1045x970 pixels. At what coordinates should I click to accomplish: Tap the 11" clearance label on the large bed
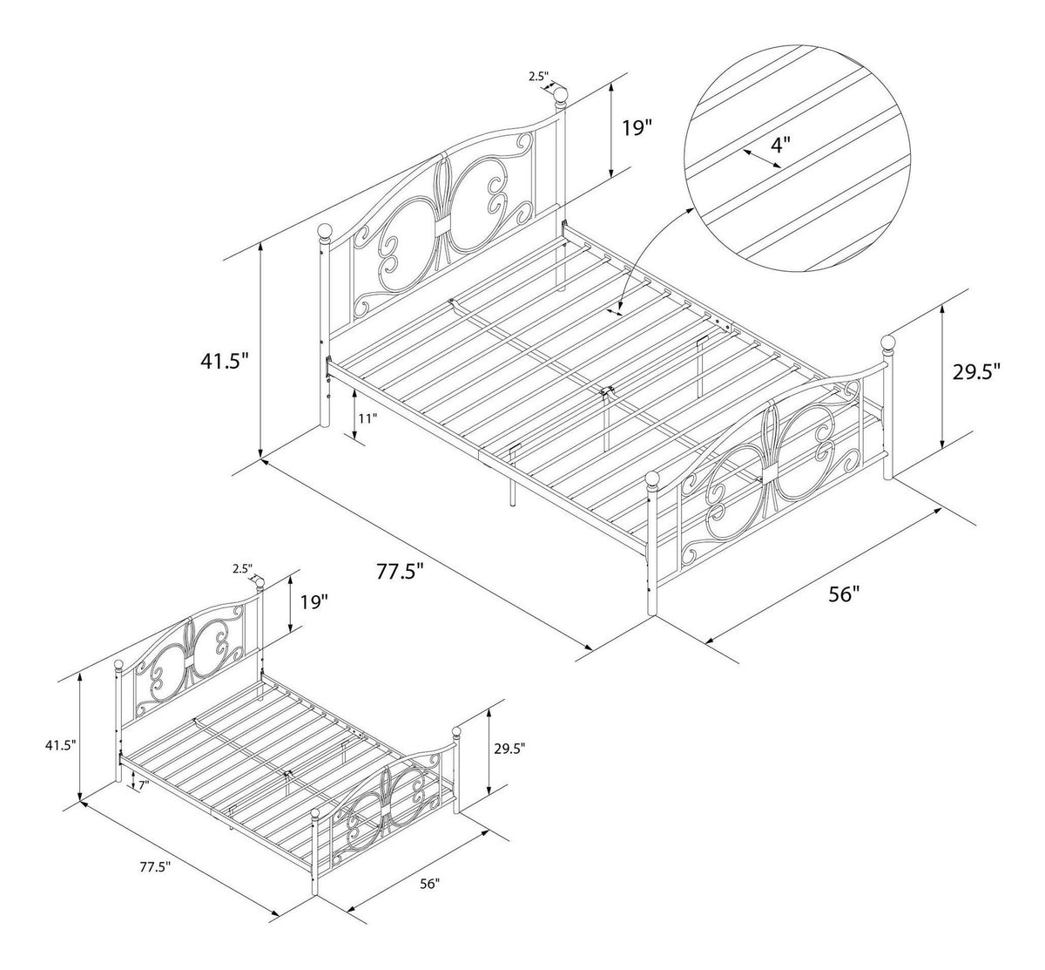(368, 418)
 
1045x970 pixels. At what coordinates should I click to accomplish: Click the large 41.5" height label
(224, 362)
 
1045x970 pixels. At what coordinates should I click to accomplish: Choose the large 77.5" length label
(400, 571)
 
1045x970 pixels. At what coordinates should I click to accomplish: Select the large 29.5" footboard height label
(976, 372)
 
